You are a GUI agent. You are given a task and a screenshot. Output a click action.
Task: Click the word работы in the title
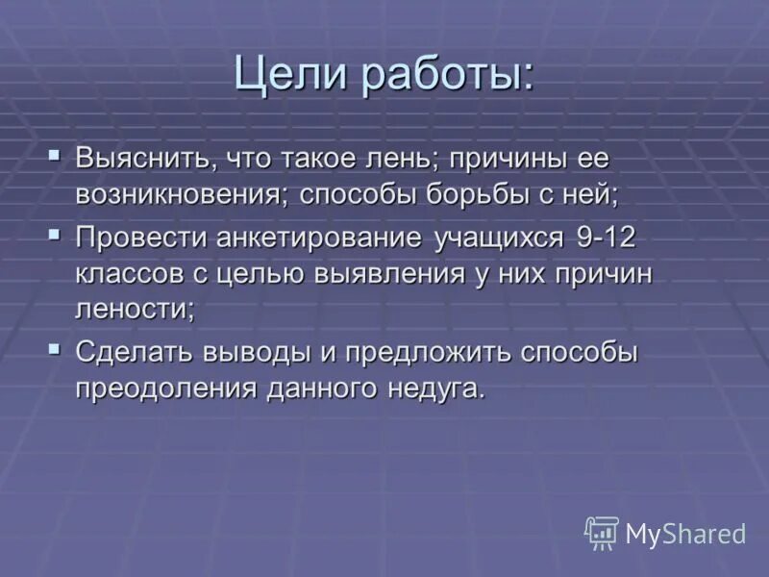coord(448,76)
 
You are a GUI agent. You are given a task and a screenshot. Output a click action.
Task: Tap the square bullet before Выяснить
coord(56,154)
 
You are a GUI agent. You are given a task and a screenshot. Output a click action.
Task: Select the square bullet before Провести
coord(56,233)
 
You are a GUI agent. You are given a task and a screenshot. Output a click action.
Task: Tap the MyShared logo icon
coord(602,533)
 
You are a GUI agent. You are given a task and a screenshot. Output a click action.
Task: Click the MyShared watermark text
coord(685,534)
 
